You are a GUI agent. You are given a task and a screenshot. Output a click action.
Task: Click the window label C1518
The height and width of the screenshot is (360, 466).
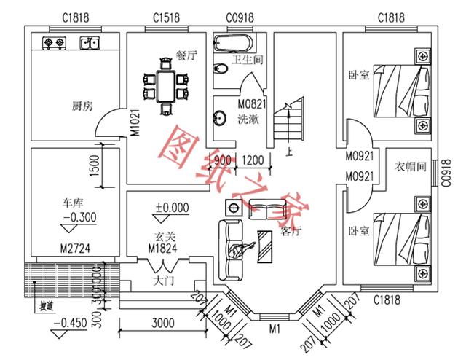click(167, 17)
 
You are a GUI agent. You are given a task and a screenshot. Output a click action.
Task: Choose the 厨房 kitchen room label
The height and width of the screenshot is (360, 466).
click(82, 106)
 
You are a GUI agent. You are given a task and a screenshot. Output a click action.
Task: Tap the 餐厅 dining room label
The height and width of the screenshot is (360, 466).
click(186, 55)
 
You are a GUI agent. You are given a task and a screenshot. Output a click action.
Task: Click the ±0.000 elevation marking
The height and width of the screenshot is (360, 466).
click(172, 208)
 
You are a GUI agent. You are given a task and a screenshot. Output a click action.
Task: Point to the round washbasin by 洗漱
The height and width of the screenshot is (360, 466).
click(220, 117)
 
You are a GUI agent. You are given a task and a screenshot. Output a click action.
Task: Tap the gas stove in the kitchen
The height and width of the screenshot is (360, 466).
click(55, 43)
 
